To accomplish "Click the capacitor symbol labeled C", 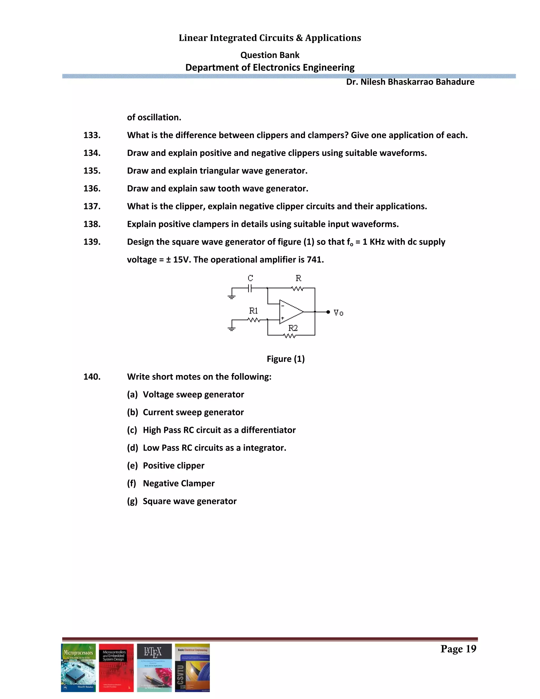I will tap(250, 288).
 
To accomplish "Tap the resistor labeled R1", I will tap(254, 319).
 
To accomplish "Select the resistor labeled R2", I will tap(290, 336).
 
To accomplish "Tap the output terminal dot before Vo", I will tap(328, 312).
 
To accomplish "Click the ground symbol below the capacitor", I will tap(231, 297).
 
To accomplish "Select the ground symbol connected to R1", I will tap(231, 328).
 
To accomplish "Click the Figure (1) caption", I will tap(286, 359).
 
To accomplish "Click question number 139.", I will tap(92, 242).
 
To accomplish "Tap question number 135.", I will tap(92, 171).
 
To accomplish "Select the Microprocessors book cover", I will tap(78, 668).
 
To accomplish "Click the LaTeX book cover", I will tap(154, 668).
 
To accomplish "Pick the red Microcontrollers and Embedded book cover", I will tap(116, 668).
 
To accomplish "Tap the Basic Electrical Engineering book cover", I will tap(192, 668).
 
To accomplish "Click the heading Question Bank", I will tap(270, 55).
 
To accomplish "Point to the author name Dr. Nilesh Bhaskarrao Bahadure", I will tap(410, 82).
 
